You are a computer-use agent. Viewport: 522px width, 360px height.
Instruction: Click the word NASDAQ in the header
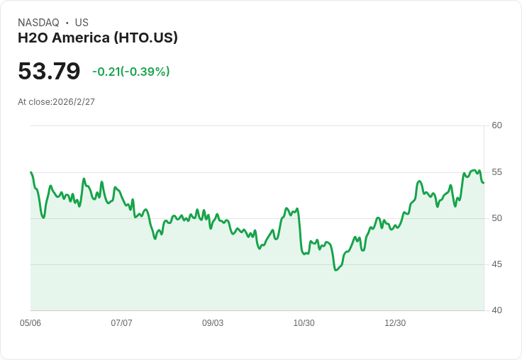[38, 23]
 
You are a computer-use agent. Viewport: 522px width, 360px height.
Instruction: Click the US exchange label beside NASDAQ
[82, 23]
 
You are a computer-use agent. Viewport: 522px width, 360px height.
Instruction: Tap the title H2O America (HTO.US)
[98, 38]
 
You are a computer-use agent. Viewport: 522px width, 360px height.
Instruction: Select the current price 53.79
[49, 72]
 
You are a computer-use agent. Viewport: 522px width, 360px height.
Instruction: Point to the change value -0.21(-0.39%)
[131, 72]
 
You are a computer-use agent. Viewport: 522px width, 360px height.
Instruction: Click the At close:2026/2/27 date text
[56, 102]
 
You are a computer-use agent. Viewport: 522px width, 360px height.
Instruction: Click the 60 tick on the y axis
[497, 125]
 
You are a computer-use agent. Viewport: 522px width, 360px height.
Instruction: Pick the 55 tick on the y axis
[497, 171]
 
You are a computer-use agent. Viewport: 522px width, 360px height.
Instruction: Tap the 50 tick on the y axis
[497, 218]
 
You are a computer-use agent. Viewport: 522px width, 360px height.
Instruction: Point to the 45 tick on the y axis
[497, 264]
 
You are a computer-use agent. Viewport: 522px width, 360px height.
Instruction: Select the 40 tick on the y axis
[497, 310]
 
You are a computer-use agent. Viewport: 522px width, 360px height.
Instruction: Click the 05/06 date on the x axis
[30, 323]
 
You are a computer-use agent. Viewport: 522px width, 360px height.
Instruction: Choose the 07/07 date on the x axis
[121, 323]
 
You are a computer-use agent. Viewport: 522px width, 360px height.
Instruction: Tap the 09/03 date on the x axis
[213, 323]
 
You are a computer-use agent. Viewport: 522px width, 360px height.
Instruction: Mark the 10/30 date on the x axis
[304, 323]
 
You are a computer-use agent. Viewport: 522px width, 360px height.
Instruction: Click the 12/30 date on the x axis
[395, 323]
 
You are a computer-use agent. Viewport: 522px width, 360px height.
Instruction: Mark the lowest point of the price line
[335, 270]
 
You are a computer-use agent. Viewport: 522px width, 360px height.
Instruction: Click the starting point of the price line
[31, 172]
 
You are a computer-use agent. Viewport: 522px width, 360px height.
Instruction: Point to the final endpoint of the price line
[483, 183]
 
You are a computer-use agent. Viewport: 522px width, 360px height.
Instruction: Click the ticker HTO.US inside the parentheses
[147, 38]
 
